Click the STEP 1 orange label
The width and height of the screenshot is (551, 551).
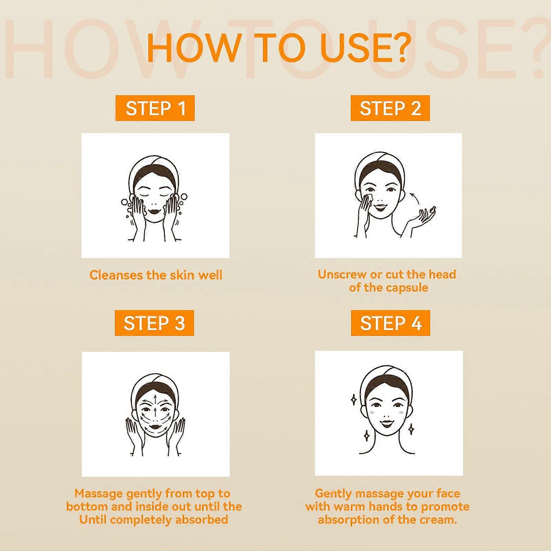point(155,108)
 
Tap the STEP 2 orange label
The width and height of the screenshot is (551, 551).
point(390,108)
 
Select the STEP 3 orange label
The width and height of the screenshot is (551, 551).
point(154,323)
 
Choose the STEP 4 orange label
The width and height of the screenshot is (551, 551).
point(391,323)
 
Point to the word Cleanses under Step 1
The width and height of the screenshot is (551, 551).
point(116,275)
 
